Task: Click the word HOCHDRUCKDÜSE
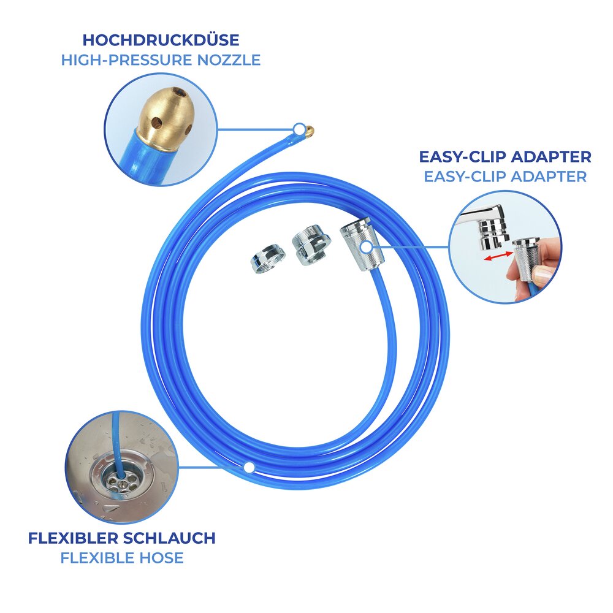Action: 161,40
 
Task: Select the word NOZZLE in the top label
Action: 229,60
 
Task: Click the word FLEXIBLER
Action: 73,538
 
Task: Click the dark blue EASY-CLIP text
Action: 462,157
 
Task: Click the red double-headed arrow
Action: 498,256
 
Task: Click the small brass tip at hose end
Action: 309,131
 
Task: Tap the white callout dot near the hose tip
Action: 299,129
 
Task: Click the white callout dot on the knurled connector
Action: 366,247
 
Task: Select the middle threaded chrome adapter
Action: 311,245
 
